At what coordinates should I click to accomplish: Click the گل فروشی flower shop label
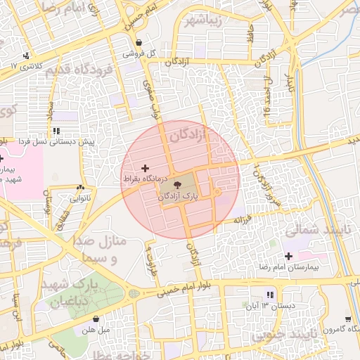pos(138,53)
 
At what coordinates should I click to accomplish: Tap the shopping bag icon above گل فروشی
pos(139,42)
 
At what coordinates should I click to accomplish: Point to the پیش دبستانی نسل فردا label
pos(57,142)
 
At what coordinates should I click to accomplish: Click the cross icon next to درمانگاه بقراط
pos(146,168)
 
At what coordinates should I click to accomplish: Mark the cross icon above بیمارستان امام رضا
pos(288,255)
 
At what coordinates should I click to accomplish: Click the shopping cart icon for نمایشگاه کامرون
pos(349,318)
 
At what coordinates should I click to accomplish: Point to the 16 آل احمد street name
pos(266,98)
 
